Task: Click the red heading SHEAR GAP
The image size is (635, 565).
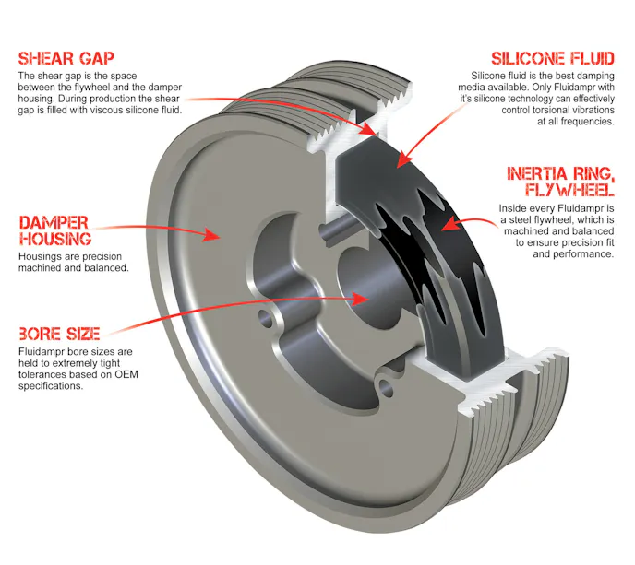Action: coord(66,59)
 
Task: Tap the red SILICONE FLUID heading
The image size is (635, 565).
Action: coord(553,59)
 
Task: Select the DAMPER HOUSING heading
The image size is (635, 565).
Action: coord(55,230)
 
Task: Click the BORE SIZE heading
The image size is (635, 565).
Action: coord(59,334)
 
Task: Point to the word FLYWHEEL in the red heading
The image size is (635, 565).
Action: coord(569,189)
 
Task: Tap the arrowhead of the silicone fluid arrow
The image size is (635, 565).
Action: coord(403,159)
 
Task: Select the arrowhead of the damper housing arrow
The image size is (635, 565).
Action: coord(211,234)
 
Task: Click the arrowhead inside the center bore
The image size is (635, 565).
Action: coord(360,299)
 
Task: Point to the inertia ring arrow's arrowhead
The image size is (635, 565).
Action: coord(449,224)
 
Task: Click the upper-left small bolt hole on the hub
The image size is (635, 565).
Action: coord(266,318)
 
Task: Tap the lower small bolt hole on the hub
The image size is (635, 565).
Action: coord(386,387)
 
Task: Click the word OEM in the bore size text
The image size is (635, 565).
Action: coord(126,374)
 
